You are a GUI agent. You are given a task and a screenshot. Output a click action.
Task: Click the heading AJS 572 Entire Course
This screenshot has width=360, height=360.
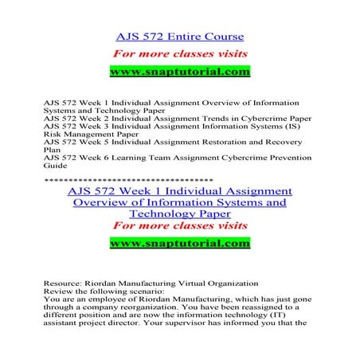(179, 37)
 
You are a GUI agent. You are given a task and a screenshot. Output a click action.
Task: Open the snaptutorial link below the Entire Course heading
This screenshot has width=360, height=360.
(179, 72)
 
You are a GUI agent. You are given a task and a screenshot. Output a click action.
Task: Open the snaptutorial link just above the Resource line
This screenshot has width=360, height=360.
(179, 242)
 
